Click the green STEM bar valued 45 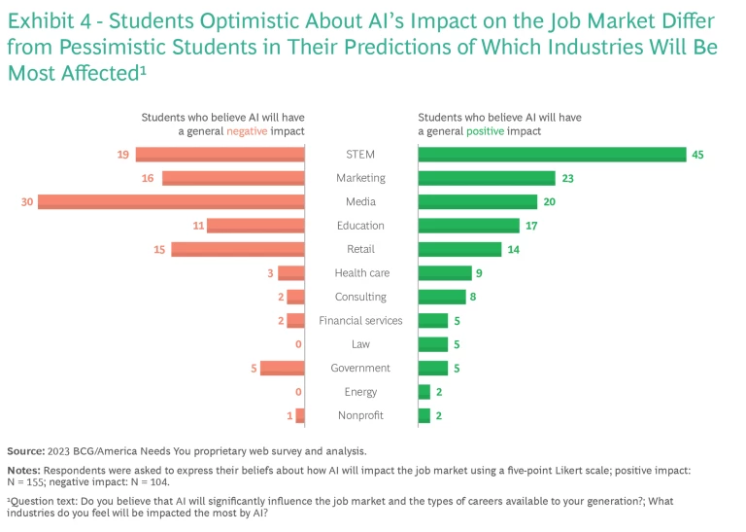552,155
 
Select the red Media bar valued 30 171,202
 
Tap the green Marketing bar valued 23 487,178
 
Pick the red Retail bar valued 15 238,249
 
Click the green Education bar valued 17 469,226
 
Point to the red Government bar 283,369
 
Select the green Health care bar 445,273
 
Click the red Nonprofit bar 300,416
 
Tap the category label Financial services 360,321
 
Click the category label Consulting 360,297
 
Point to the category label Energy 360,392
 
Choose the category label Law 360,344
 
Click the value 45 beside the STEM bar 697,155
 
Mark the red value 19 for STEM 122,155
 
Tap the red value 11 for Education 198,226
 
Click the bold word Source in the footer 26,451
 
